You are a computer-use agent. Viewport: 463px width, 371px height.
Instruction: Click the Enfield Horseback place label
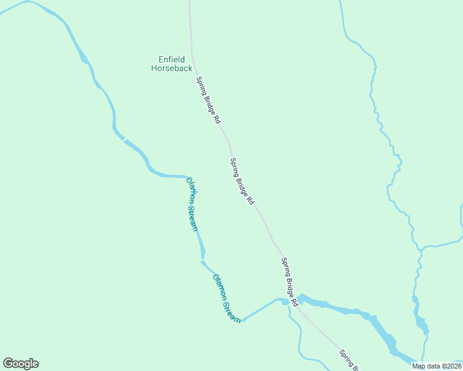pyautogui.click(x=171, y=64)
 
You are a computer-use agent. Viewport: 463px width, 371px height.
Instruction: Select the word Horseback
pyautogui.click(x=171, y=68)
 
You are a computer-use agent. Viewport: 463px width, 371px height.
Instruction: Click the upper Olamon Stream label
pyautogui.click(x=193, y=204)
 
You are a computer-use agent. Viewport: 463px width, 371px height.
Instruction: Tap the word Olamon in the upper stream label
pyautogui.click(x=190, y=190)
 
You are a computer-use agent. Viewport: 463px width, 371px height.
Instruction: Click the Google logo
pyautogui.click(x=20, y=364)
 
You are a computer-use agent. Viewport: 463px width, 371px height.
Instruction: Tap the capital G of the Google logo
pyautogui.click(x=8, y=364)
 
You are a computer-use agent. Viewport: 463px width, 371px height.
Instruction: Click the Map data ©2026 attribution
pyautogui.click(x=436, y=366)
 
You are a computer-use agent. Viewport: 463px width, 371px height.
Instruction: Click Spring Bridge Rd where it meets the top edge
pyautogui.click(x=189, y=2)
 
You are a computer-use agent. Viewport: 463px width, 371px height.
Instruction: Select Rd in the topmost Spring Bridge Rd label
pyautogui.click(x=217, y=119)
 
